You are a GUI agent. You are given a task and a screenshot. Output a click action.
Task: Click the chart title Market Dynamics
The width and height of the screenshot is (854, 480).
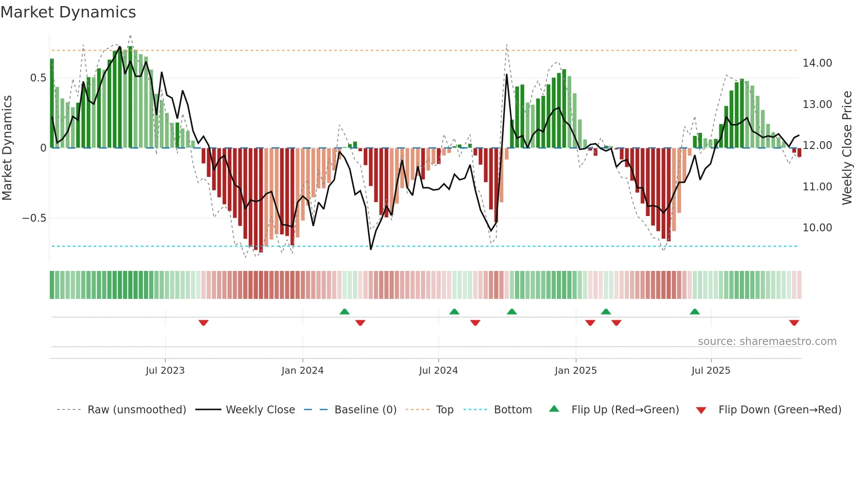[68, 12]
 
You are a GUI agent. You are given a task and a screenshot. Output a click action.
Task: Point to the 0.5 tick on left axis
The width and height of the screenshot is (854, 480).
[38, 78]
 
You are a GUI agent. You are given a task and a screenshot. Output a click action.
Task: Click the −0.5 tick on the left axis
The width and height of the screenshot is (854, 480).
[34, 218]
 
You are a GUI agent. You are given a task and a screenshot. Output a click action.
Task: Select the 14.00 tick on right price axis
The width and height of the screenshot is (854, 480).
[817, 63]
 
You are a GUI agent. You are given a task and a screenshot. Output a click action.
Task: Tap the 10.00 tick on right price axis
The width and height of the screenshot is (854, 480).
[817, 228]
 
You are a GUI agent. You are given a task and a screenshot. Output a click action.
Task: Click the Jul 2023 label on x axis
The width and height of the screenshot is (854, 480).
[165, 371]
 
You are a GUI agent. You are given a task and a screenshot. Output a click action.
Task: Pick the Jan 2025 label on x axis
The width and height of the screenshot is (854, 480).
[576, 371]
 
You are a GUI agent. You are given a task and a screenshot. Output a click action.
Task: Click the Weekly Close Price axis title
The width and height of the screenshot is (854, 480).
[847, 148]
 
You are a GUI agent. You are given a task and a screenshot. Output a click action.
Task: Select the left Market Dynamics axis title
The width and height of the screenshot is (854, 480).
[7, 148]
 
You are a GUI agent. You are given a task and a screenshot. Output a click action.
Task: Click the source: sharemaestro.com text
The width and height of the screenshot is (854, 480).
[767, 341]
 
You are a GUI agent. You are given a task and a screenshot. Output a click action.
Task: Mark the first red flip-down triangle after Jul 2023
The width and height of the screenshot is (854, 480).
[203, 323]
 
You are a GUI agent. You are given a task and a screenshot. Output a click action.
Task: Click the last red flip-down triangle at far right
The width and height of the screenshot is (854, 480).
[794, 323]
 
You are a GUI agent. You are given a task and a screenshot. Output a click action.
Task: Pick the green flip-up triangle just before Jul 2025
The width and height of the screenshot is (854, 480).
[695, 311]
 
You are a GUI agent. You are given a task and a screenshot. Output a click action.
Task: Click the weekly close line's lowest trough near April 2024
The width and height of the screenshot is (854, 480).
[371, 249]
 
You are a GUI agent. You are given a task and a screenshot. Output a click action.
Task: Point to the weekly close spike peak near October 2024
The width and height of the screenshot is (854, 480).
[507, 74]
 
